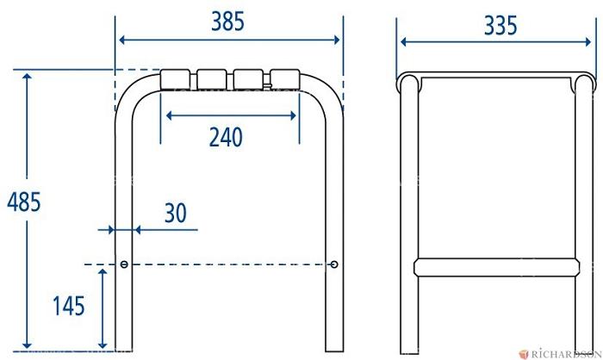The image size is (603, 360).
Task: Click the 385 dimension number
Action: (227, 22)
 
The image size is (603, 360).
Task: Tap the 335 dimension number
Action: (500, 26)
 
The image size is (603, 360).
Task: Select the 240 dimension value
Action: (226, 137)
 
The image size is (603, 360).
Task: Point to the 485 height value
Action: (24, 202)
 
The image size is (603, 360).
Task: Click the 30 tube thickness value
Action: (176, 213)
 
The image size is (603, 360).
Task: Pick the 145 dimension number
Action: (68, 306)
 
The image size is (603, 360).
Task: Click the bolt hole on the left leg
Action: (124, 264)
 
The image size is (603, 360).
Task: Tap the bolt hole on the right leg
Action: (334, 264)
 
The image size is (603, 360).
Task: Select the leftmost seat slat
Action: (175, 79)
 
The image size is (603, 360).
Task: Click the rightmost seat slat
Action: (285, 79)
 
